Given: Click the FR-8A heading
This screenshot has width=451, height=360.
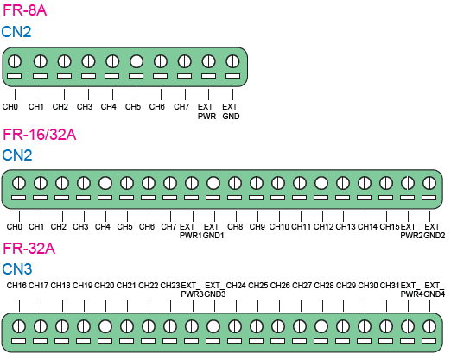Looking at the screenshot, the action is (24, 10).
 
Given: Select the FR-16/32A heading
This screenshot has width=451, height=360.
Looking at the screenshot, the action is (40, 135).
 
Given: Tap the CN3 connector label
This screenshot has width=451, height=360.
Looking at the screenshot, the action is (17, 269).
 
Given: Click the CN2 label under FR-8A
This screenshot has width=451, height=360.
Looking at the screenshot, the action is (16, 32).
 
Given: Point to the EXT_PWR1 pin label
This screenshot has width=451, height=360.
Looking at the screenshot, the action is (190, 231).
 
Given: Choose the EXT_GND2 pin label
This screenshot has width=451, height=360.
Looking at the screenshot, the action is (435, 231).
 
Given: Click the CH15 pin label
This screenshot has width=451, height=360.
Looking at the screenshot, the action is (390, 227).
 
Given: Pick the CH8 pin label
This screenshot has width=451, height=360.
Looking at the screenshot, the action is (235, 227).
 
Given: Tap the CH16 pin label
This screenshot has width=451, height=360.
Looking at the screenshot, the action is (16, 286).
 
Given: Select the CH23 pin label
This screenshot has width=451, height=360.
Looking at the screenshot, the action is (170, 286).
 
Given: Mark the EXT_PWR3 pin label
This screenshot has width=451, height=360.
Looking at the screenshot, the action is (192, 290).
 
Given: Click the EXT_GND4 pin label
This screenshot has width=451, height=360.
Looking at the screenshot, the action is (435, 290).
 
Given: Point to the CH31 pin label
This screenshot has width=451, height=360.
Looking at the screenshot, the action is (390, 286).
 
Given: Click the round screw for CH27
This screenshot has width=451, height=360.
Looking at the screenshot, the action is (300, 327).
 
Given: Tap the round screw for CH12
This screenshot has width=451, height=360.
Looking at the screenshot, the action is (321, 183).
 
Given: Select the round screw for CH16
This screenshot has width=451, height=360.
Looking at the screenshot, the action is (19, 327).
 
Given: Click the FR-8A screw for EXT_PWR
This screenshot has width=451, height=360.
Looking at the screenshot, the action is (208, 61).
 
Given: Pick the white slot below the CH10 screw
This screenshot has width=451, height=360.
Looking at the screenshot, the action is (278, 198).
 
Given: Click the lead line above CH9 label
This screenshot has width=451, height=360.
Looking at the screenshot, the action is (257, 216).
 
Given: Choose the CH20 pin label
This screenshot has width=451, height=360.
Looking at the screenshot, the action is (105, 286).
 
